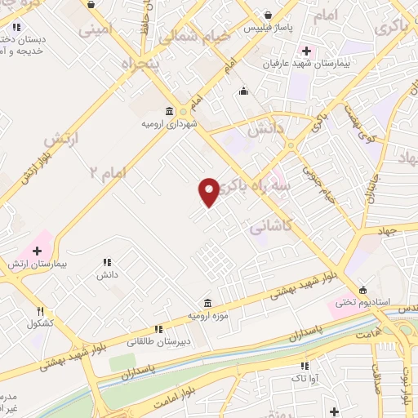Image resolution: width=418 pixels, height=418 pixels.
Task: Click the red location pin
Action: (209, 192)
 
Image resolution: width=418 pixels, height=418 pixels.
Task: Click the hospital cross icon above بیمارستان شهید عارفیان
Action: (305, 51)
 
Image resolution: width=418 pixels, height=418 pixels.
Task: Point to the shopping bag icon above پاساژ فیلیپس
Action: (269, 15)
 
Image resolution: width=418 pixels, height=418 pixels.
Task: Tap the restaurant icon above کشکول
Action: (41, 311)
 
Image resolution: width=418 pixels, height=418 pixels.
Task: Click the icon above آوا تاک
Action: (305, 367)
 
